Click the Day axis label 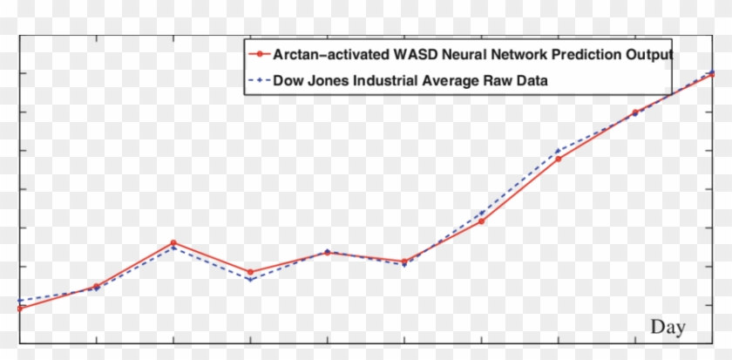(x=668, y=327)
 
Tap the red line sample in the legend (x=259, y=54)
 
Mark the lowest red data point (x=19, y=309)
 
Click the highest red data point (x=712, y=75)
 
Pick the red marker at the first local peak (x=173, y=242)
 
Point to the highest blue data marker (x=712, y=71)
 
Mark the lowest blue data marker (x=19, y=301)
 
